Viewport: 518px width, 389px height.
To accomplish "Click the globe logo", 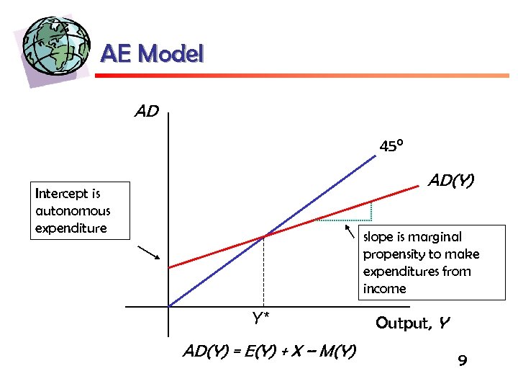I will point(56,46).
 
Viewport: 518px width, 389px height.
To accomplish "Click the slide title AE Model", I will point(152,53).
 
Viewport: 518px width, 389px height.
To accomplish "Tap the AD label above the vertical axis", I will point(146,112).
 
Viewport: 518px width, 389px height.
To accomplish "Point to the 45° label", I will point(391,147).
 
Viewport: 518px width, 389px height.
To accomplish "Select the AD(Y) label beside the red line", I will point(452,179).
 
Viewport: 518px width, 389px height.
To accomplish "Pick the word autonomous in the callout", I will point(73,211).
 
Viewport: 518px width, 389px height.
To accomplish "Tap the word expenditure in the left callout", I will point(71,228).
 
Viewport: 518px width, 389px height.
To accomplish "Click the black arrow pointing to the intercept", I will point(149,253).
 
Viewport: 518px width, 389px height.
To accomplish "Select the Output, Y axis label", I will point(412,323).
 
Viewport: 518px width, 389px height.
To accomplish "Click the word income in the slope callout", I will point(384,289).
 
